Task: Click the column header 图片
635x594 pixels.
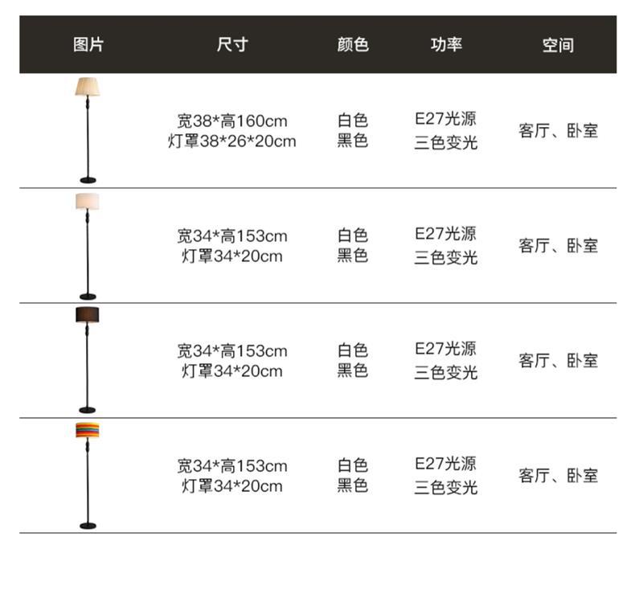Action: [88, 45]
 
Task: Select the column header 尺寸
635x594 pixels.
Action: [232, 45]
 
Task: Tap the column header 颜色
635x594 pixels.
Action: [352, 45]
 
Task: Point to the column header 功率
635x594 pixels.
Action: [446, 45]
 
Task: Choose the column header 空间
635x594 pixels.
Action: [558, 45]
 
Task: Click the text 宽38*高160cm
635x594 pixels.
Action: [232, 121]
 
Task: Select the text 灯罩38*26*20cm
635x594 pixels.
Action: [232, 141]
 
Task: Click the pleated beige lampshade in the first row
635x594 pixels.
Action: [88, 86]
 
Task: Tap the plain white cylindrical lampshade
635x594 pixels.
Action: [88, 201]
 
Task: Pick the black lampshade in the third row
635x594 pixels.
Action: [88, 315]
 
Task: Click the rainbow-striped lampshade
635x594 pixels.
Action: [88, 431]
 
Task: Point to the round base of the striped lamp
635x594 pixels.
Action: [88, 526]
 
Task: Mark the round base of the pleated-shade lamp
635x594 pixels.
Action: [88, 179]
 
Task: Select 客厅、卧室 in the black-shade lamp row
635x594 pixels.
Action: [558, 360]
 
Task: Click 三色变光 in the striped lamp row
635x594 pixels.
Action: [446, 487]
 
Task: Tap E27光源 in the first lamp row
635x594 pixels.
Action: [446, 119]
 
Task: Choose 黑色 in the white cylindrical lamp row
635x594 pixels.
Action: [352, 256]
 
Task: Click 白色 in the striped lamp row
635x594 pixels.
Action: [352, 465]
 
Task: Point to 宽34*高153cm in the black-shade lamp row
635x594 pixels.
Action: [232, 350]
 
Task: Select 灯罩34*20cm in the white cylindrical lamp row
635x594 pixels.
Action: [232, 256]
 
